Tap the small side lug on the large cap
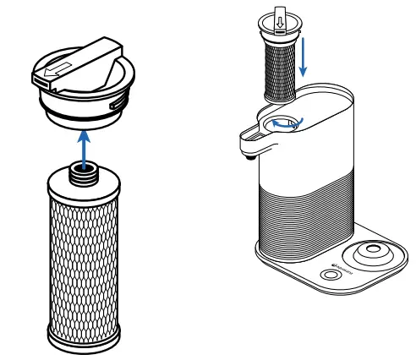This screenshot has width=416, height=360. [113, 101]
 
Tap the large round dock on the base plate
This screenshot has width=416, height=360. [372, 253]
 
